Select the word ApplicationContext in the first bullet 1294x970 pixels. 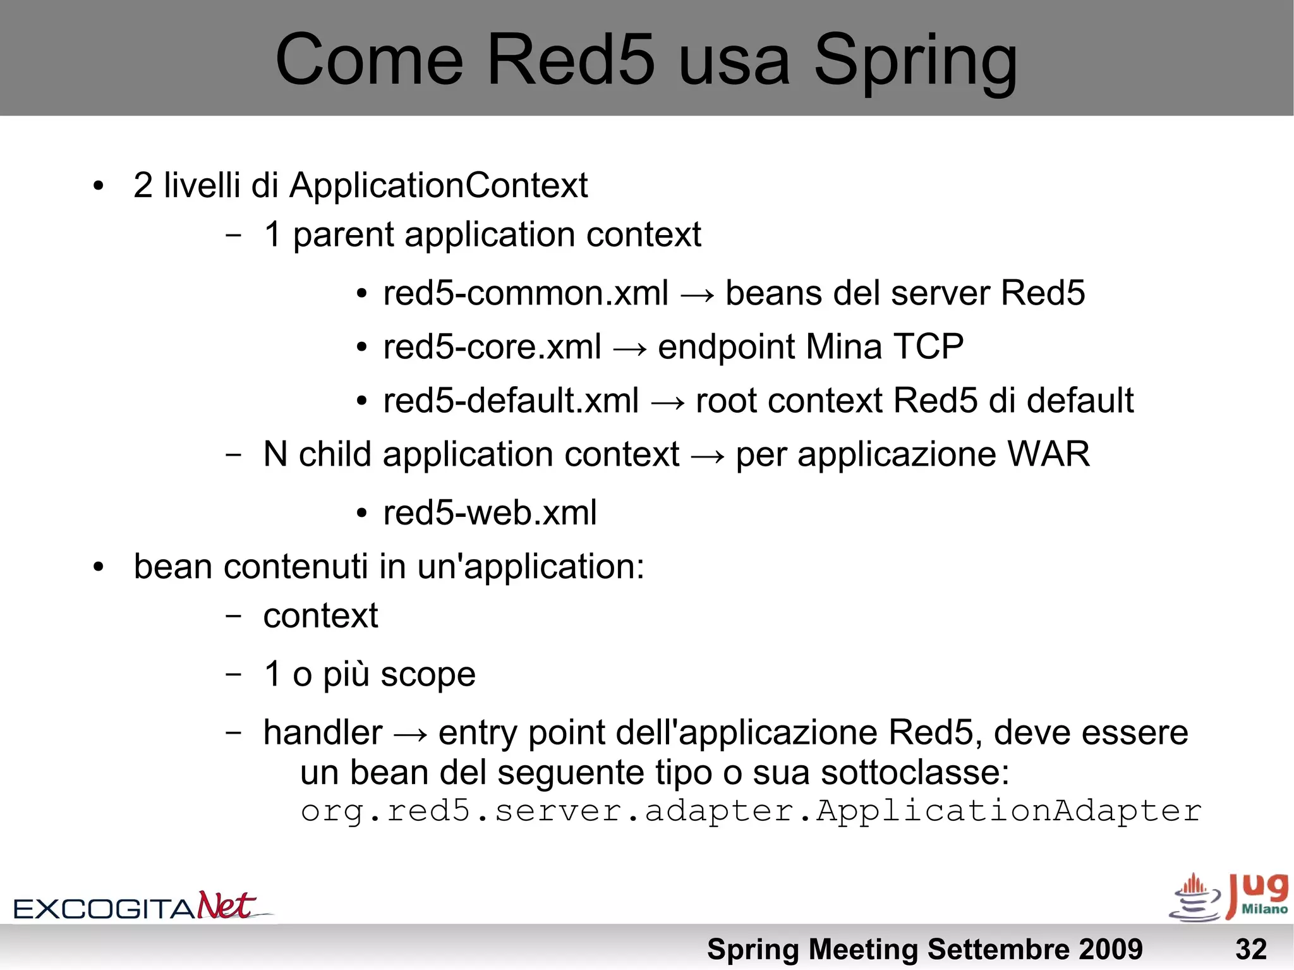(x=438, y=186)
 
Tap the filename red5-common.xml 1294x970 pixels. (x=525, y=294)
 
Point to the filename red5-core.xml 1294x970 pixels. (x=492, y=348)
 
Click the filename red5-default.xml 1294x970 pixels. (x=511, y=401)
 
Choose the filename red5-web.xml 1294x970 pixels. (x=490, y=512)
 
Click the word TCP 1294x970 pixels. (x=928, y=347)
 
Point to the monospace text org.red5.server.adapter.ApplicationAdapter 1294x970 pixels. (x=751, y=811)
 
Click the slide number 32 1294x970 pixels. (x=1250, y=949)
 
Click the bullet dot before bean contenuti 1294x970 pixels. (x=98, y=567)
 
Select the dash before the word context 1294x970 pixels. (x=233, y=616)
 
